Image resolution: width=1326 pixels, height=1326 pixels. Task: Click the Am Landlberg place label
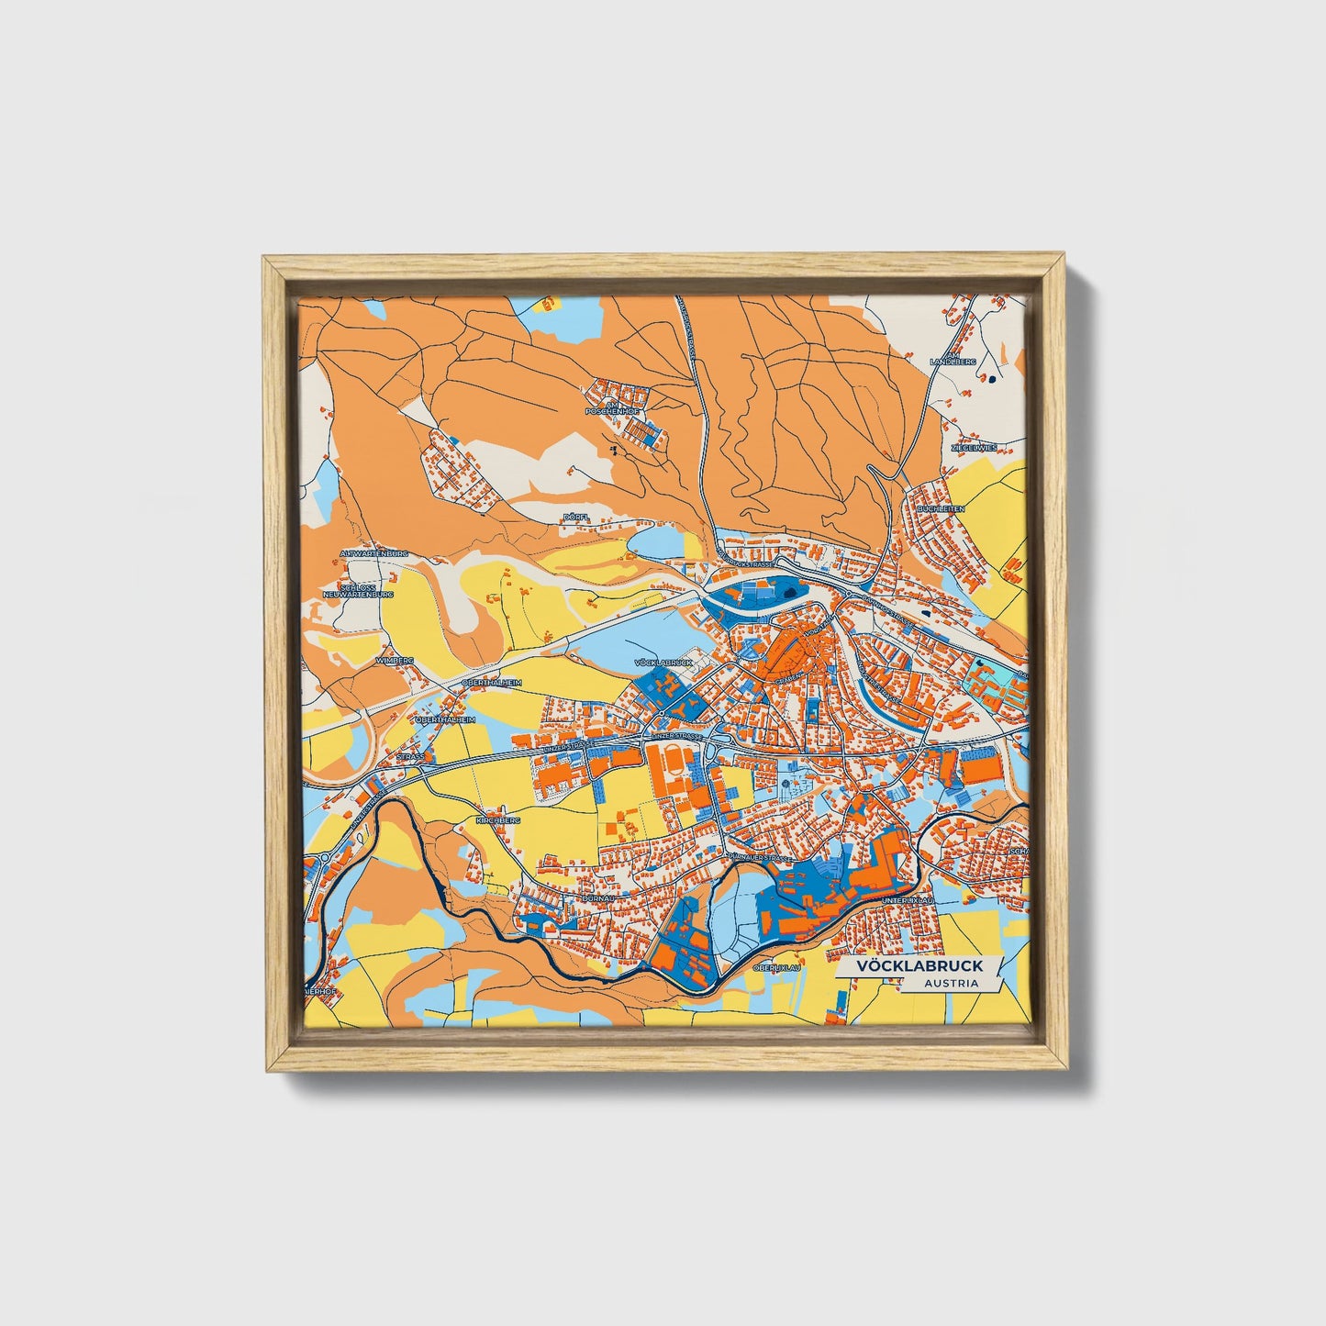pyautogui.click(x=949, y=359)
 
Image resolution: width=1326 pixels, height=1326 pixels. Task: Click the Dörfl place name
pyautogui.click(x=574, y=518)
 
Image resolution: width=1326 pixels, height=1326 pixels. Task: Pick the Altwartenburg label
pyautogui.click(x=373, y=554)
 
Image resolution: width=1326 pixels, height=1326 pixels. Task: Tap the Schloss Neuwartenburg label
pyautogui.click(x=365, y=591)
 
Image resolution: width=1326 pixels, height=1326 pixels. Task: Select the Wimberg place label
pyautogui.click(x=396, y=660)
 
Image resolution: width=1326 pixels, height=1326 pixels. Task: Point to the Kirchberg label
pyautogui.click(x=498, y=819)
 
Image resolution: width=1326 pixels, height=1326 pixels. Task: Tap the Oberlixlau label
pyautogui.click(x=776, y=967)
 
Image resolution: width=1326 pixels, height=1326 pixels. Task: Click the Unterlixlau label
pyautogui.click(x=907, y=902)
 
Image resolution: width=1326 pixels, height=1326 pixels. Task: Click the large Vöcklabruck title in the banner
pyautogui.click(x=919, y=966)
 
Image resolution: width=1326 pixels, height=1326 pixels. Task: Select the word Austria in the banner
pyautogui.click(x=951, y=984)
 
